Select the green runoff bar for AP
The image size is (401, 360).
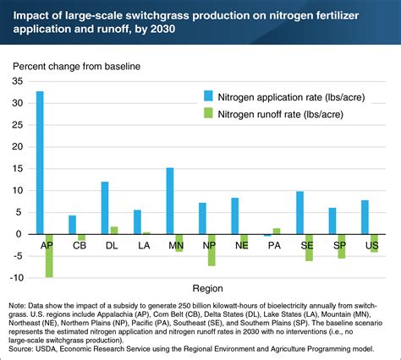pyautogui.click(x=49, y=255)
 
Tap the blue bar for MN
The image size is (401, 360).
pyautogui.click(x=169, y=200)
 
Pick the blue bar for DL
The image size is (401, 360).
pyautogui.click(x=105, y=207)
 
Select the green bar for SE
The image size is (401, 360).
pyautogui.click(x=309, y=247)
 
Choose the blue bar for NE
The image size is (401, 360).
pyautogui.click(x=234, y=215)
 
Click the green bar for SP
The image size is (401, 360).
pyautogui.click(x=341, y=246)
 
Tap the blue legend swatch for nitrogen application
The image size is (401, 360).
pyautogui.click(x=206, y=96)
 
